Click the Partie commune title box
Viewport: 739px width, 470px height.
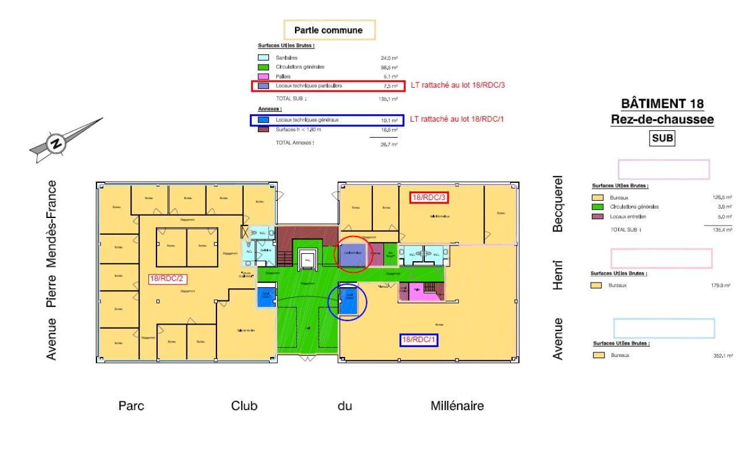[329, 30]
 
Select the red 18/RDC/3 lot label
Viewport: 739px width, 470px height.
[429, 197]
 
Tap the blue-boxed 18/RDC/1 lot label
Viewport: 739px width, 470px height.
[419, 340]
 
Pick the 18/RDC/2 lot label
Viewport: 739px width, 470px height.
[167, 279]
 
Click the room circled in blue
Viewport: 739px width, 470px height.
[348, 302]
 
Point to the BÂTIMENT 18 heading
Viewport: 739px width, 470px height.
[662, 104]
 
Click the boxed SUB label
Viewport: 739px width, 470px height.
[662, 138]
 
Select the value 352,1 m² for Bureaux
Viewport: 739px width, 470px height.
[723, 356]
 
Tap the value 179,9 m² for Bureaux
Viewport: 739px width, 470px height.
[722, 285]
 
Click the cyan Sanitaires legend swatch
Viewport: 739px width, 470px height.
[263, 58]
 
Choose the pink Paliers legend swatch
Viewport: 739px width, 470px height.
[263, 76]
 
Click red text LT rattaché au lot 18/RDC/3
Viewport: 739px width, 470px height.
[461, 85]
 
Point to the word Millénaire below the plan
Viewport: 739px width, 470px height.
[457, 406]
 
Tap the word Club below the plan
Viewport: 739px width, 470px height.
[244, 406]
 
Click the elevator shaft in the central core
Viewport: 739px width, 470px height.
[307, 260]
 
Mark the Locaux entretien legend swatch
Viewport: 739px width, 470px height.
[598, 217]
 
